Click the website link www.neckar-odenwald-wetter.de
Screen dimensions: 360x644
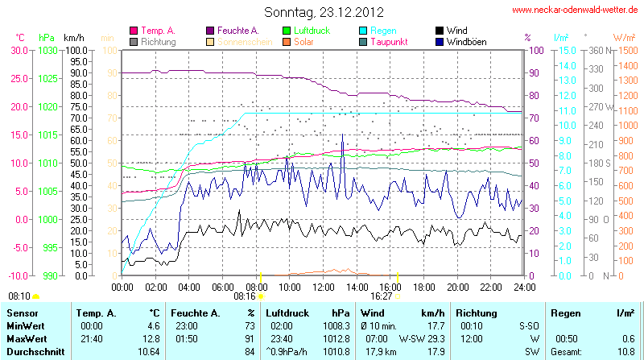(x=576, y=10)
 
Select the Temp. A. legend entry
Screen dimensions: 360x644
(x=158, y=30)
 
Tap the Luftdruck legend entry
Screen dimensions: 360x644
(x=308, y=30)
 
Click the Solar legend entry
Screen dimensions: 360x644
(x=303, y=41)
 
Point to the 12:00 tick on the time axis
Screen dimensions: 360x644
(x=324, y=286)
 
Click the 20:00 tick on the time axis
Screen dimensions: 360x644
(x=457, y=286)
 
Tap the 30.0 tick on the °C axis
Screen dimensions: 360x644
(x=18, y=50)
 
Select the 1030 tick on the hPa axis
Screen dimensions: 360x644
(x=47, y=50)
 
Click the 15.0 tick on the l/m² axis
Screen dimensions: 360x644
(x=566, y=50)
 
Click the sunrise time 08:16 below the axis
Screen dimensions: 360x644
(x=244, y=296)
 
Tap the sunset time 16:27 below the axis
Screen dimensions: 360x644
(x=381, y=296)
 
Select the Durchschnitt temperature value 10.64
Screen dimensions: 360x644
(x=148, y=352)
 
